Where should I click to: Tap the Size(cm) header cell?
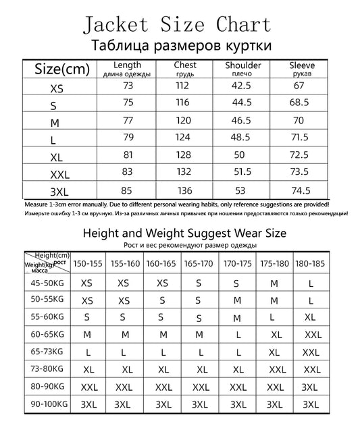[x=63, y=69]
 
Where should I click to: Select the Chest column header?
[x=184, y=68]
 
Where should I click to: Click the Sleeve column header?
[x=301, y=68]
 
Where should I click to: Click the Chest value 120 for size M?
[x=184, y=121]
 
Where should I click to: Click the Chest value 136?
[x=184, y=190]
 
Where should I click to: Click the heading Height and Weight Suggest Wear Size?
[x=184, y=234]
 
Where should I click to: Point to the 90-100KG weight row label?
[x=47, y=404]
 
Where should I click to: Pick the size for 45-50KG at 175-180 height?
[x=274, y=284]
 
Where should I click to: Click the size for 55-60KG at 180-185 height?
[x=311, y=317]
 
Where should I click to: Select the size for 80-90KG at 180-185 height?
[x=310, y=387]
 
